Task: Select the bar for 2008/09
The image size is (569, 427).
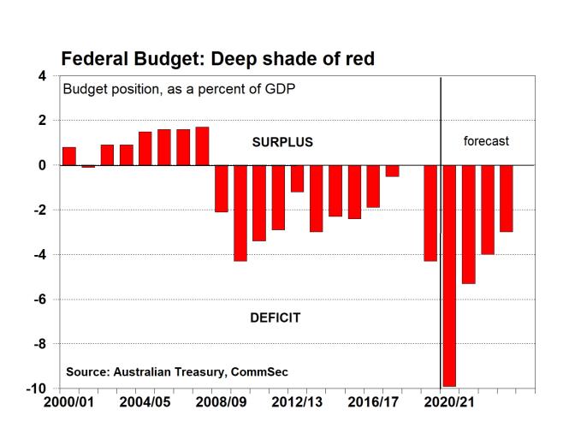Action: [x=222, y=188]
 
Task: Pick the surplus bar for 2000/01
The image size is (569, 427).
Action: [x=69, y=156]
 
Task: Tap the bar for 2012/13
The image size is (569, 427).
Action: [x=297, y=178]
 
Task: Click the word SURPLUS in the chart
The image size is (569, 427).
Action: [x=282, y=142]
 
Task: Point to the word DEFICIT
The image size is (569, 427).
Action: [x=275, y=318]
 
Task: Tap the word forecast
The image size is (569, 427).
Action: [x=486, y=141]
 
